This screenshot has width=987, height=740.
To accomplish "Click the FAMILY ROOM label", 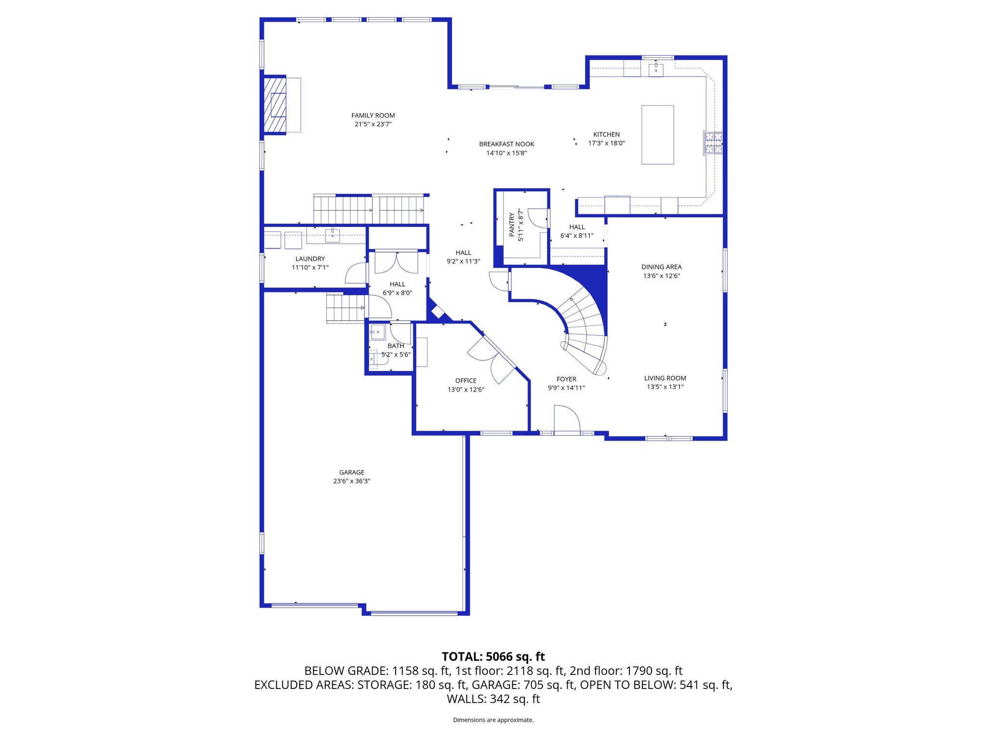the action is pos(373,116).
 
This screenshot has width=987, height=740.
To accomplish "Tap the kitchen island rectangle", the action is pos(657,135).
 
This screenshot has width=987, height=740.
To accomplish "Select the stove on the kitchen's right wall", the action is pos(713,143).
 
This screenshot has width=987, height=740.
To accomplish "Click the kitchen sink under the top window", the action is pos(655,70).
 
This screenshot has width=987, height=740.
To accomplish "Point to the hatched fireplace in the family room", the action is pos(275,105).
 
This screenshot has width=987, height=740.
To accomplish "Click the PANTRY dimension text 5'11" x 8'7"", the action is pos(520,225).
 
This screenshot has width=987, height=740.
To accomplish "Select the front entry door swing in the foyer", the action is pos(567,419).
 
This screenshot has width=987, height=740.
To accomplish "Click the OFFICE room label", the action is pos(466,381).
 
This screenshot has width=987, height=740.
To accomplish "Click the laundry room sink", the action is pos(333,235).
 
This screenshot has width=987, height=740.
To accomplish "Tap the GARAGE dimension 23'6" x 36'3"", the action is pos(351,481).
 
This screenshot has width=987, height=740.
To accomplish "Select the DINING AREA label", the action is pos(661,267).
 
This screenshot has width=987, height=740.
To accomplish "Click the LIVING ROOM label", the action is pos(665,378).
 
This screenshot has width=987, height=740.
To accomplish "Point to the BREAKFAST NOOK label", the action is pos(507,144).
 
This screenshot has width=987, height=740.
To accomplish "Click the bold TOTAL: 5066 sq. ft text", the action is pos(493,657).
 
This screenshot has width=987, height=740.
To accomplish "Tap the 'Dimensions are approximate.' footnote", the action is pos(493,720).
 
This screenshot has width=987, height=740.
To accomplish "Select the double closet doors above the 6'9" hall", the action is pos(396,263).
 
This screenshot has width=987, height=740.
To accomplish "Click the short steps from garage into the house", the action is pos(346,308).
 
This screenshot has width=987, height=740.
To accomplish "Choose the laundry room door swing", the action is pos(356,274).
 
